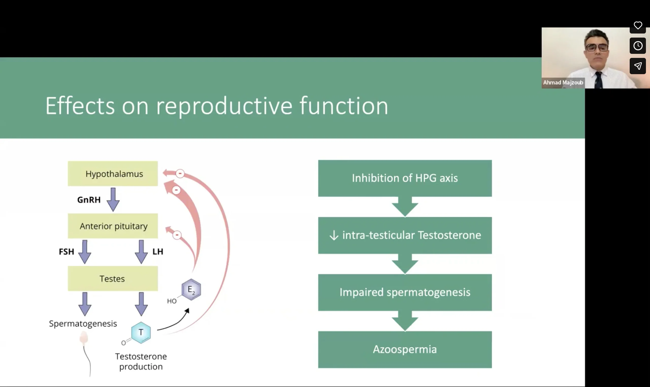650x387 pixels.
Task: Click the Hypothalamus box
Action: click(x=113, y=174)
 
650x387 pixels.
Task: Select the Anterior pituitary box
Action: click(x=113, y=226)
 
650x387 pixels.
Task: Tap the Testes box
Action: click(x=113, y=279)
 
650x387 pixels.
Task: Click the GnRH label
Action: click(x=89, y=200)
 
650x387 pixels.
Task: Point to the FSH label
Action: click(x=67, y=252)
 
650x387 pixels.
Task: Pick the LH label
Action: click(x=158, y=252)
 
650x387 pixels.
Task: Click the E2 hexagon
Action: click(x=191, y=289)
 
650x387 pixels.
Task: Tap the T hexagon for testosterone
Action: click(x=141, y=332)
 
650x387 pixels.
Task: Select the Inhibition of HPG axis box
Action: click(x=405, y=178)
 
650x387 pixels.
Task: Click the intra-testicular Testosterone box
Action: click(x=405, y=235)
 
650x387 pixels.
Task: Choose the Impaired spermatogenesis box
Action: click(x=405, y=292)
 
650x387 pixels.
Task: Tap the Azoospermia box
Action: click(x=405, y=349)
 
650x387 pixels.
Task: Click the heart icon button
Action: click(x=638, y=26)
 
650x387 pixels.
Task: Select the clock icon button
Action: click(x=638, y=46)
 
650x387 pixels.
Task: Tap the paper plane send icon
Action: click(x=638, y=66)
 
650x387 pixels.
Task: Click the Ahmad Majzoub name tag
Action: click(x=563, y=83)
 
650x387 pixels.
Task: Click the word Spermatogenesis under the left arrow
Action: click(x=83, y=324)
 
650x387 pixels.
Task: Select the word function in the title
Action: click(x=344, y=106)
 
